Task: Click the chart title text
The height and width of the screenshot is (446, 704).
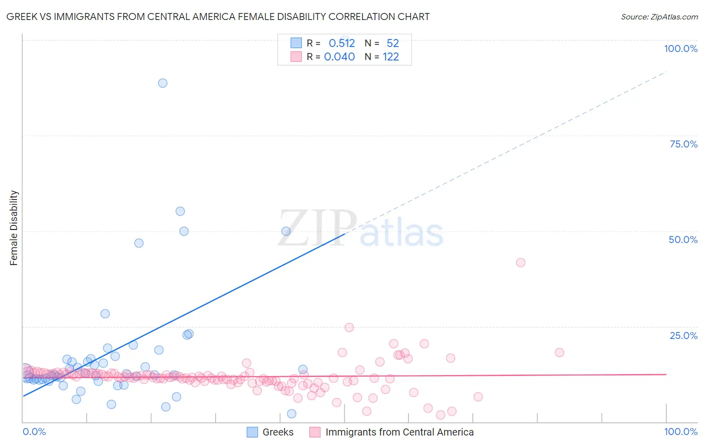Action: (x=218, y=16)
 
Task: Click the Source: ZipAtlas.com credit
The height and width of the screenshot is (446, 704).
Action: (x=659, y=16)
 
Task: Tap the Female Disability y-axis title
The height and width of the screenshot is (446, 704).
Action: (x=14, y=227)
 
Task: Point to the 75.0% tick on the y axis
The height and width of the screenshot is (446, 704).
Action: (x=683, y=144)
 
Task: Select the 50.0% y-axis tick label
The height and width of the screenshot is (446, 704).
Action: (x=683, y=239)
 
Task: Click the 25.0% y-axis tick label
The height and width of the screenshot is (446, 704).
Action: (x=683, y=335)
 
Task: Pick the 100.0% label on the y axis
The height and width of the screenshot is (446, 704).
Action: (x=680, y=48)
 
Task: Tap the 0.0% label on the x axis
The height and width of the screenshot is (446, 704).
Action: (x=34, y=431)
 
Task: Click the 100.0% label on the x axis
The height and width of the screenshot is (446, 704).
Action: (x=680, y=431)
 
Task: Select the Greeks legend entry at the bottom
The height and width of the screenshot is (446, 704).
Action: (x=278, y=432)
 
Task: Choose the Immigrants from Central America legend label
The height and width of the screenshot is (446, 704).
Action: (x=399, y=432)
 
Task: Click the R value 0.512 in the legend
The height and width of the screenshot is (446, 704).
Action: (x=341, y=43)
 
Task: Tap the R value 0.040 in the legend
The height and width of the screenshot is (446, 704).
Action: (x=339, y=57)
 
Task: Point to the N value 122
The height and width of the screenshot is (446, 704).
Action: (x=391, y=57)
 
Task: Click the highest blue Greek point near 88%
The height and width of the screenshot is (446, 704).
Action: (x=163, y=83)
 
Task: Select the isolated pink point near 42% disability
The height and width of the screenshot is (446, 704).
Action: (x=521, y=262)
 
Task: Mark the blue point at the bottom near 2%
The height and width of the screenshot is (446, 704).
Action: (x=291, y=413)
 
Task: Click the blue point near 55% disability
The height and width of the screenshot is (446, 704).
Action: (x=180, y=211)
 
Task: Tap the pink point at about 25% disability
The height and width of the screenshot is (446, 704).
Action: (x=349, y=327)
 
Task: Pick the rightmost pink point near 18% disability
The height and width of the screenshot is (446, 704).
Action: (x=559, y=352)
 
